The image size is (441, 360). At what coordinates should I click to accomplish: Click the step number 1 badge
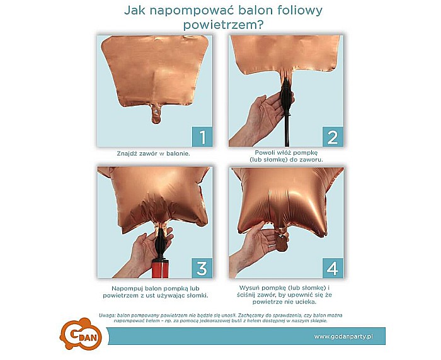click(x=201, y=136)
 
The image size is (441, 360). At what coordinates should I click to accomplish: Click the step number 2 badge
click(x=333, y=136)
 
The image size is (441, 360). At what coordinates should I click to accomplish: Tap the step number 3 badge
click(x=201, y=267)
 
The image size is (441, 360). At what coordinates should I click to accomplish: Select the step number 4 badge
click(x=333, y=267)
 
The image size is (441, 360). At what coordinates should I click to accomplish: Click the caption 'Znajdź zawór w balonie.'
click(x=153, y=153)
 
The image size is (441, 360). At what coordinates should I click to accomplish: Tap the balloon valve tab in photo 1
click(x=154, y=113)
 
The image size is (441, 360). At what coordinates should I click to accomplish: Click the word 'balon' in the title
click(x=254, y=11)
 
